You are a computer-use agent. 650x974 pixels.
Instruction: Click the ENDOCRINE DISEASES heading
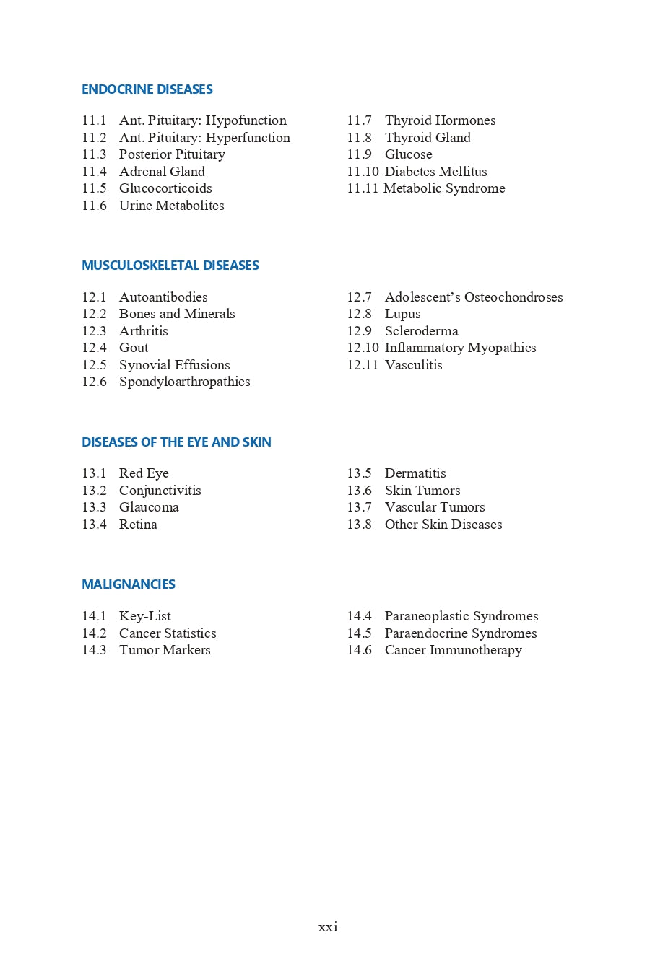tap(147, 89)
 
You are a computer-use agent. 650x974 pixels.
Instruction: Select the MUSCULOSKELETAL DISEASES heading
tap(170, 266)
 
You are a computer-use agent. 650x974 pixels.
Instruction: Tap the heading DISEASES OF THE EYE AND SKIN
tap(176, 442)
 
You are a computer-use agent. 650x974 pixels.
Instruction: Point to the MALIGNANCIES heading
tap(129, 584)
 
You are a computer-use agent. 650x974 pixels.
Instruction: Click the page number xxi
tap(328, 927)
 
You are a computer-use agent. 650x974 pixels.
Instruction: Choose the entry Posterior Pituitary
tap(172, 154)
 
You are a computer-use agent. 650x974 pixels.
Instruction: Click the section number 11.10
tap(363, 172)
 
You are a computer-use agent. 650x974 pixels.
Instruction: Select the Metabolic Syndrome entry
tap(444, 188)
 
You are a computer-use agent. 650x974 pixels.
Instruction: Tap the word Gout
tap(134, 348)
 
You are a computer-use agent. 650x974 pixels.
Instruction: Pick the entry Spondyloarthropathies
tap(184, 382)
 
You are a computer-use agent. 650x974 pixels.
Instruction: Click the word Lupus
tap(402, 314)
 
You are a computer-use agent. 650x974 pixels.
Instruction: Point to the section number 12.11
tap(363, 365)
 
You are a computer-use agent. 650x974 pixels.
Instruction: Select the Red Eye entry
tap(144, 473)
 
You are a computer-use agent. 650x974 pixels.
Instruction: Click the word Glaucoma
tap(149, 507)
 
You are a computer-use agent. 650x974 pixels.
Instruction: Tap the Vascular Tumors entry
tap(435, 507)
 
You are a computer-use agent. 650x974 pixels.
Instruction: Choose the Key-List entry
tap(144, 616)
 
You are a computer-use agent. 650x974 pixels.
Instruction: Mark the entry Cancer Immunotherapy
tap(453, 650)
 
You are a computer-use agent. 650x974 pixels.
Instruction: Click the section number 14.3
tap(94, 650)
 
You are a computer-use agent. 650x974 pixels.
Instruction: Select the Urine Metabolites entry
tap(171, 206)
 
